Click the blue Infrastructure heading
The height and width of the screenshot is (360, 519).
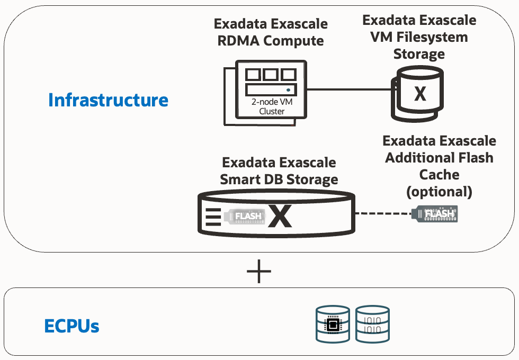tap(108, 100)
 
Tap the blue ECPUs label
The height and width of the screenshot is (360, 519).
tap(71, 326)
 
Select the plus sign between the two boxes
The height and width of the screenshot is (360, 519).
tap(259, 272)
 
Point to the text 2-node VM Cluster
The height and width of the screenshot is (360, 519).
tap(272, 106)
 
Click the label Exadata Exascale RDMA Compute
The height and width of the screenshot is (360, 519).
tap(271, 32)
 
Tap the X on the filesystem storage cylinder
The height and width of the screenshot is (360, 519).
tap(420, 94)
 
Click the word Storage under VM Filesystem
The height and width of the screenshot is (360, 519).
tap(419, 54)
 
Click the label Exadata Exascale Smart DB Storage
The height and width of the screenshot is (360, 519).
tap(279, 170)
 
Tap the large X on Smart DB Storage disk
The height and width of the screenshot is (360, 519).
tap(280, 215)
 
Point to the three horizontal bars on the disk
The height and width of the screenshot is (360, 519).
tap(211, 217)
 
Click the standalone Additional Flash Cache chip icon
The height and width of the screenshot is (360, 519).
tap(436, 214)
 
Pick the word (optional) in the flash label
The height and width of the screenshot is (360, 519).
tap(439, 191)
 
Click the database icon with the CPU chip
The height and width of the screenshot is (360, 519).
tap(332, 323)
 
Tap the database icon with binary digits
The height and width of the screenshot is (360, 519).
tap(373, 323)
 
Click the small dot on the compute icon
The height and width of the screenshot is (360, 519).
tap(288, 90)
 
